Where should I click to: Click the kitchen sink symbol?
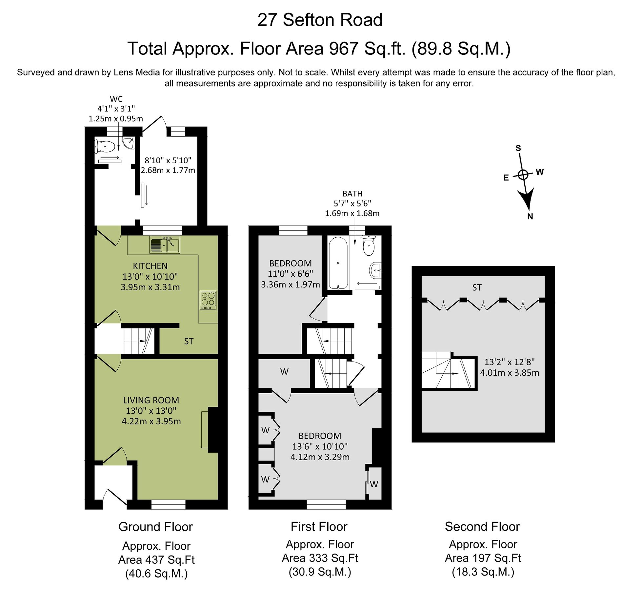tap(165, 245)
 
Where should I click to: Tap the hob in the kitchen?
tap(208, 300)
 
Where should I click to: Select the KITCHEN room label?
tap(150, 266)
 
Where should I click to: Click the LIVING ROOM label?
tap(151, 400)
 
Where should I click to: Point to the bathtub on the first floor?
tap(338, 263)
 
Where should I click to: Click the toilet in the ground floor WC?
tap(105, 147)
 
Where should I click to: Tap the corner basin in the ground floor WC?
tap(129, 142)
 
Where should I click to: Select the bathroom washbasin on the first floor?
tap(376, 270)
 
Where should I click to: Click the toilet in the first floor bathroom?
tap(369, 246)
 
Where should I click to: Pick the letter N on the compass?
tap(530, 216)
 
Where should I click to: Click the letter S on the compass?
tap(518, 148)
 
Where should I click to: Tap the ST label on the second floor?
tap(477, 288)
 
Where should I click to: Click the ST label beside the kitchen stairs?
tap(189, 342)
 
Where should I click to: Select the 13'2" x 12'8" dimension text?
tap(510, 362)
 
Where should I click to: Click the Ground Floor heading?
tap(155, 527)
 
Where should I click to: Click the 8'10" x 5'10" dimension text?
tap(168, 161)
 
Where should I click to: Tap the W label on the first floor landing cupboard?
tap(284, 372)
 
